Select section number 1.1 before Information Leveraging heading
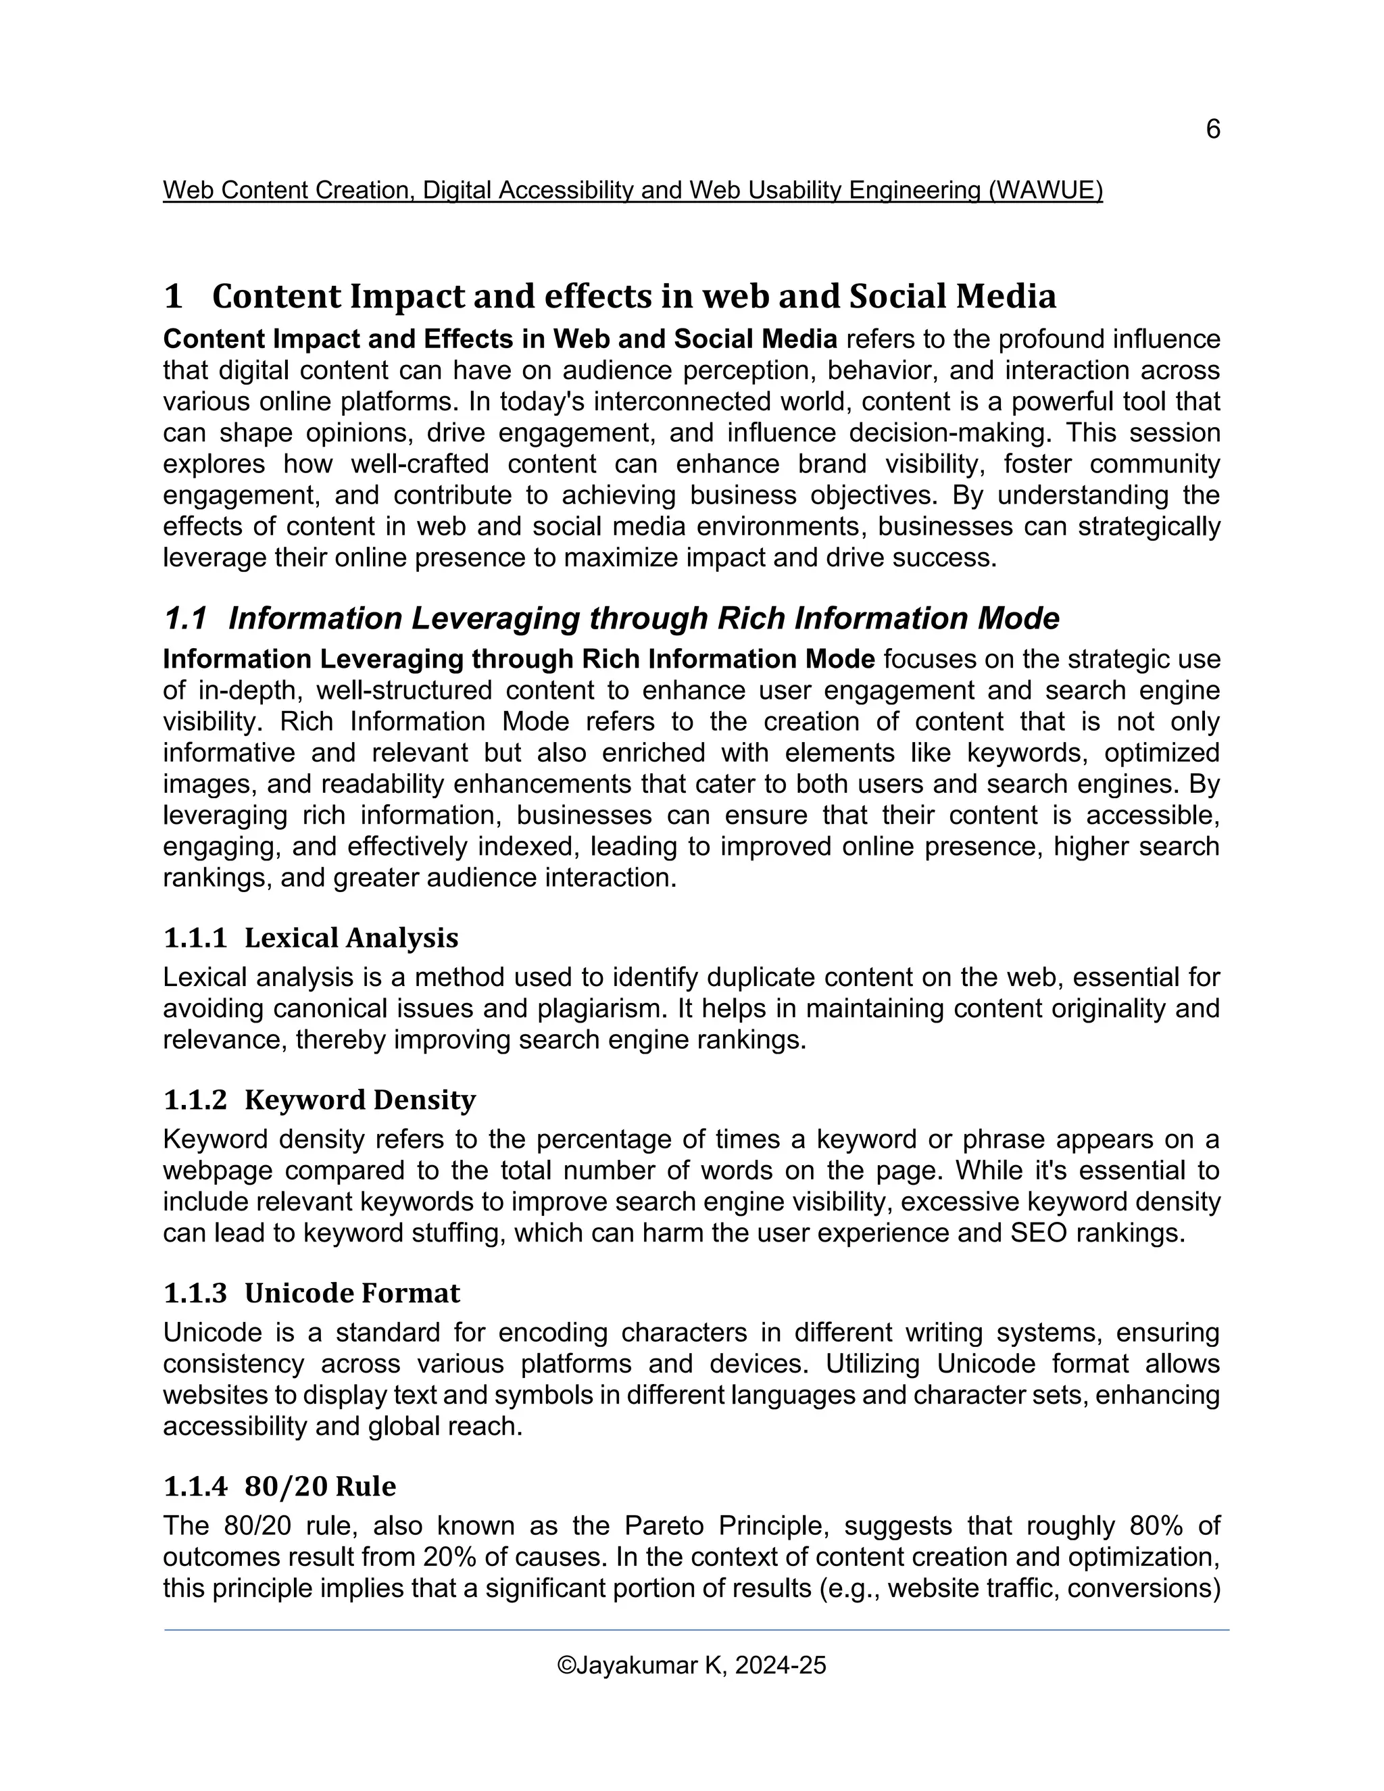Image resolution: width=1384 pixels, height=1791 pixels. coord(184,618)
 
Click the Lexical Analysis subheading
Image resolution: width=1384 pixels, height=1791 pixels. coord(351,937)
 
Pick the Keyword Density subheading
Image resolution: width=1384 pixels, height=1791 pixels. coord(360,1099)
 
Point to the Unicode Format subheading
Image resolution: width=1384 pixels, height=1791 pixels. coord(351,1292)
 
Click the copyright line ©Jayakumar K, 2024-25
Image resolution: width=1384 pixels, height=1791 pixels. coord(691,1665)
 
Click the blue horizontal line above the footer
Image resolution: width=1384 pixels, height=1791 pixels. coord(696,1630)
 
